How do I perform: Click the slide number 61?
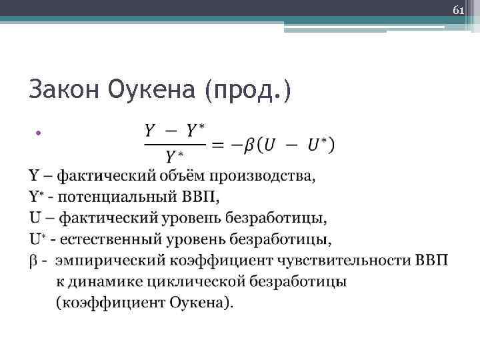458,11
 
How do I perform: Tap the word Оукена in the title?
152,90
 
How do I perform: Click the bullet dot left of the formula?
39,133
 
